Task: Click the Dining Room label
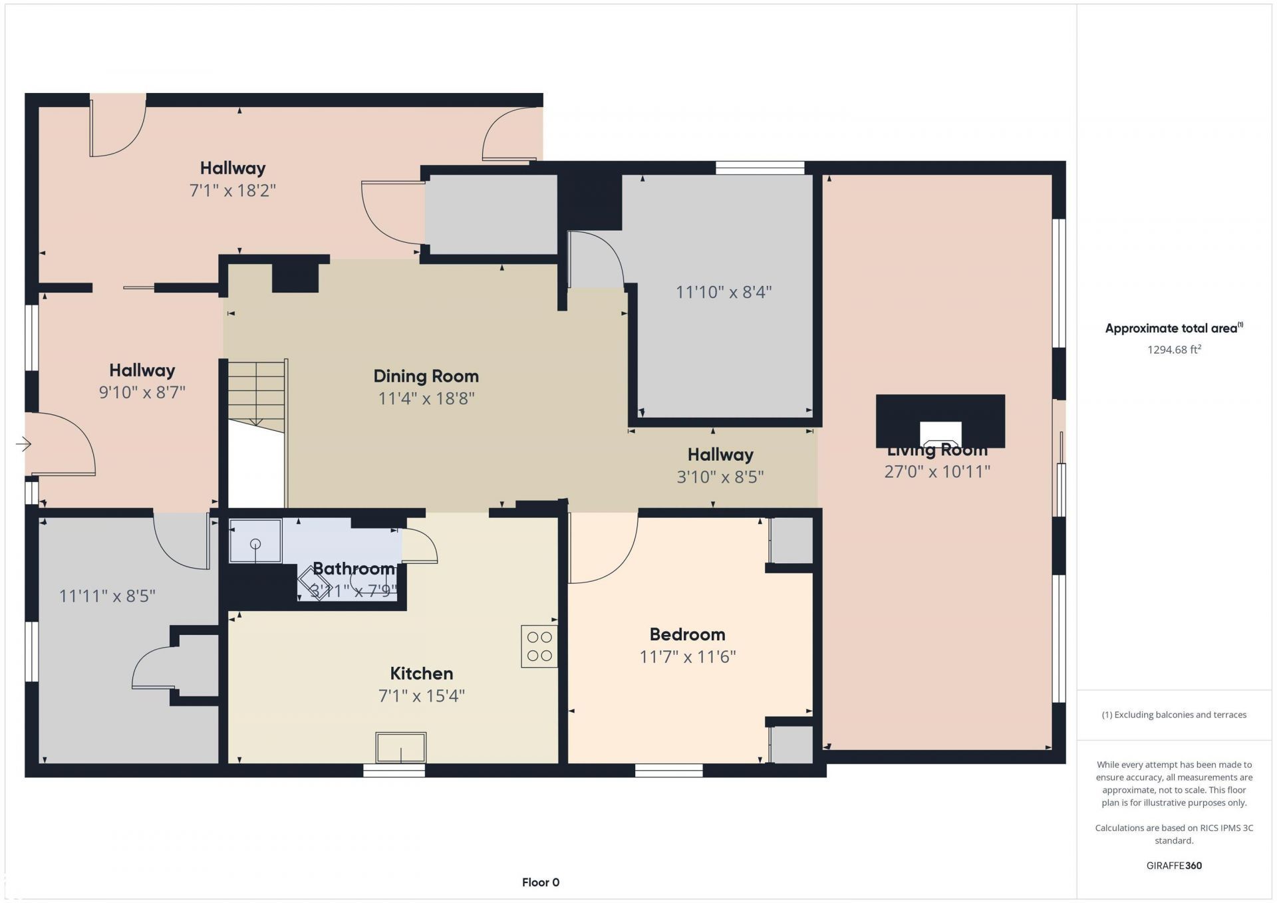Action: click(x=426, y=376)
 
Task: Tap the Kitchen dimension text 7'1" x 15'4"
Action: click(x=421, y=696)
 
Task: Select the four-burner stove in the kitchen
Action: click(x=539, y=646)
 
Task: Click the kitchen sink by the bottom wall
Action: click(x=401, y=747)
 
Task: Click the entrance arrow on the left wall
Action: click(x=23, y=444)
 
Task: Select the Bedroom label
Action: click(x=687, y=634)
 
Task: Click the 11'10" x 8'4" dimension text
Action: click(x=724, y=292)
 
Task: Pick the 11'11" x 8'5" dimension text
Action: click(x=107, y=596)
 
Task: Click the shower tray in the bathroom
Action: click(x=255, y=541)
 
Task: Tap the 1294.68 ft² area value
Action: click(x=1174, y=349)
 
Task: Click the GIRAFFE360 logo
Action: click(x=1174, y=866)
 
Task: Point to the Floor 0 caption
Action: click(x=541, y=882)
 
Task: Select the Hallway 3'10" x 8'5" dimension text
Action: click(x=720, y=477)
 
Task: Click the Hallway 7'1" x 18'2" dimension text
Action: click(x=233, y=191)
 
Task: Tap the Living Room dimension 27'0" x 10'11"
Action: click(x=937, y=471)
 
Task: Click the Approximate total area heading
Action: click(x=1174, y=328)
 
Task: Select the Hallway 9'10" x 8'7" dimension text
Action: click(x=142, y=392)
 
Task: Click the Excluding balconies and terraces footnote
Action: click(x=1174, y=715)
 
